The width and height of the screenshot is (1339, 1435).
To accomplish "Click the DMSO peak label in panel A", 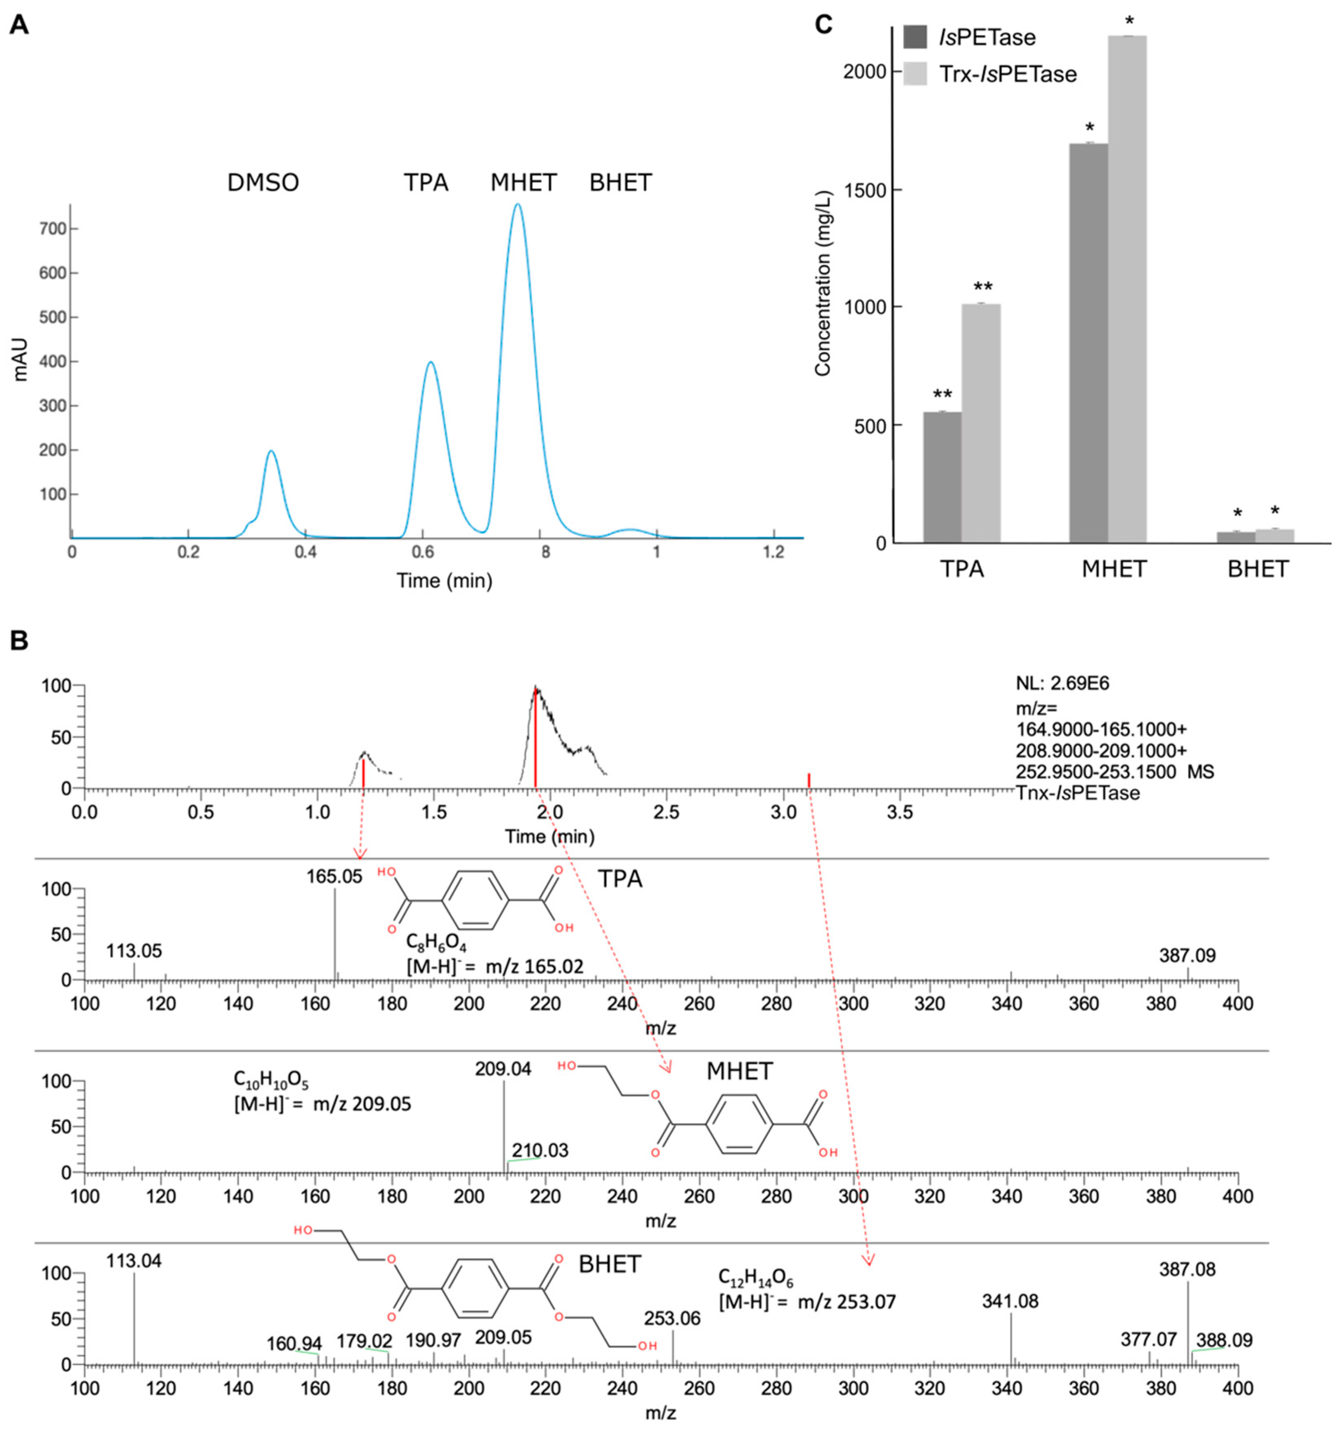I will pyautogui.click(x=263, y=183).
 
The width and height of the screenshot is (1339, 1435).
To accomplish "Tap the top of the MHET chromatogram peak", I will pyautogui.click(x=517, y=205).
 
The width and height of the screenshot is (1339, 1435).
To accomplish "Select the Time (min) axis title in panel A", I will pyautogui.click(x=444, y=580).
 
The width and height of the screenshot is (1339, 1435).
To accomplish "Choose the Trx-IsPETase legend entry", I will pyautogui.click(x=1007, y=74).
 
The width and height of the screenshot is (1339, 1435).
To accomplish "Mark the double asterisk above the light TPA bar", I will pyautogui.click(x=982, y=287).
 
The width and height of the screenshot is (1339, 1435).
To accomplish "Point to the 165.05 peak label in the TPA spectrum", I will pyautogui.click(x=334, y=877).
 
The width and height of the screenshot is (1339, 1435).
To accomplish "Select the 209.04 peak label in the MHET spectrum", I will pyautogui.click(x=503, y=1069).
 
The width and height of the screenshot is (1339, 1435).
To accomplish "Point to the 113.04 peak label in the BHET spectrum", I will pyautogui.click(x=134, y=1261).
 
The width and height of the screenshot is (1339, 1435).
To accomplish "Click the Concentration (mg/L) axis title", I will pyautogui.click(x=823, y=283).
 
